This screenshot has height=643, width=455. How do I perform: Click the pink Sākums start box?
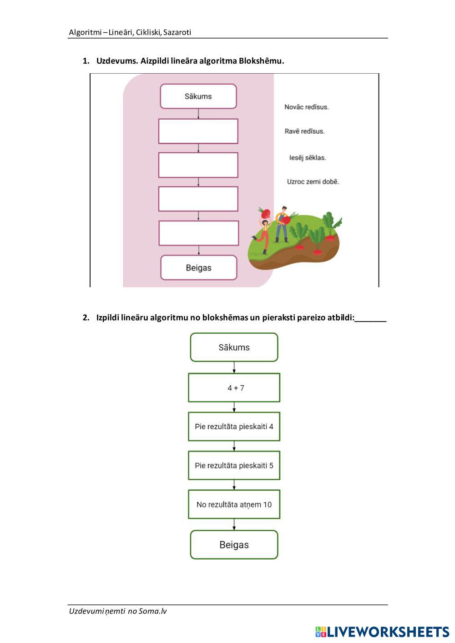[x=198, y=96]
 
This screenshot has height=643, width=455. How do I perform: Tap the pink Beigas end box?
[x=199, y=267]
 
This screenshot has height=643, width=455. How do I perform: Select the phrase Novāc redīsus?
[x=306, y=107]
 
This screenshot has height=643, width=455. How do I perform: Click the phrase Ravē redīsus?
[x=304, y=131]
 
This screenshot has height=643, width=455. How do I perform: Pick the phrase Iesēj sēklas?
[x=308, y=158]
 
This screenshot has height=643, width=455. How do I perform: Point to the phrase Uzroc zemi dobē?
[x=313, y=181]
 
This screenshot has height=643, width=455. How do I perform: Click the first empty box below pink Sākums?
[x=198, y=131]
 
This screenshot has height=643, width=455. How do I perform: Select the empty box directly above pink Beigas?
[x=198, y=233]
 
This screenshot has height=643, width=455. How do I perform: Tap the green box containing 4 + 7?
[x=234, y=388]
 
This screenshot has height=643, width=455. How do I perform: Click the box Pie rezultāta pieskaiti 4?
[x=234, y=427]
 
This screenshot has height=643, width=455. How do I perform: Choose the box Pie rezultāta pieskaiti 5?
[x=234, y=465]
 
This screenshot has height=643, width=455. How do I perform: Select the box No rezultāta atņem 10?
[x=234, y=504]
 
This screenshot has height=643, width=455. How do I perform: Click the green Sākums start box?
[x=234, y=347]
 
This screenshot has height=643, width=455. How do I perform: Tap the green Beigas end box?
[x=234, y=545]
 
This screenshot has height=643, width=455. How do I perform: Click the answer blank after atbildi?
[x=370, y=318]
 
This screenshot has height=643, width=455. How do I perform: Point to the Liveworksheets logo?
[x=382, y=632]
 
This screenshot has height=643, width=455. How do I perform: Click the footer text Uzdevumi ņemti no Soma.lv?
[x=118, y=611]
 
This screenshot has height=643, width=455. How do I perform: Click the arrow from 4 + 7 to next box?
[x=234, y=407]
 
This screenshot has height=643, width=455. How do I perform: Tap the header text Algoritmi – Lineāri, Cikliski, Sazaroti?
[x=130, y=32]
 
